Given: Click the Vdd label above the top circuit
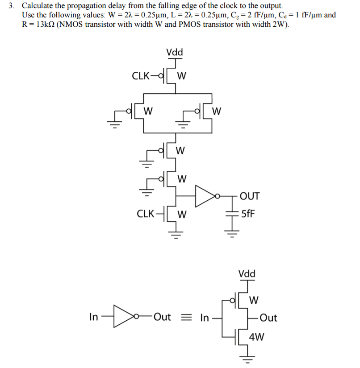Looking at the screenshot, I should point(174,53).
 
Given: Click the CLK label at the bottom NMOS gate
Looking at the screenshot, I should point(146,213).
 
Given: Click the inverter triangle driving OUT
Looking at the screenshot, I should point(205,195).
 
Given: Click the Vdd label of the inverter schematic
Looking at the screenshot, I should point(247,274).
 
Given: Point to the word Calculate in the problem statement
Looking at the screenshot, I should point(38,6).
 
